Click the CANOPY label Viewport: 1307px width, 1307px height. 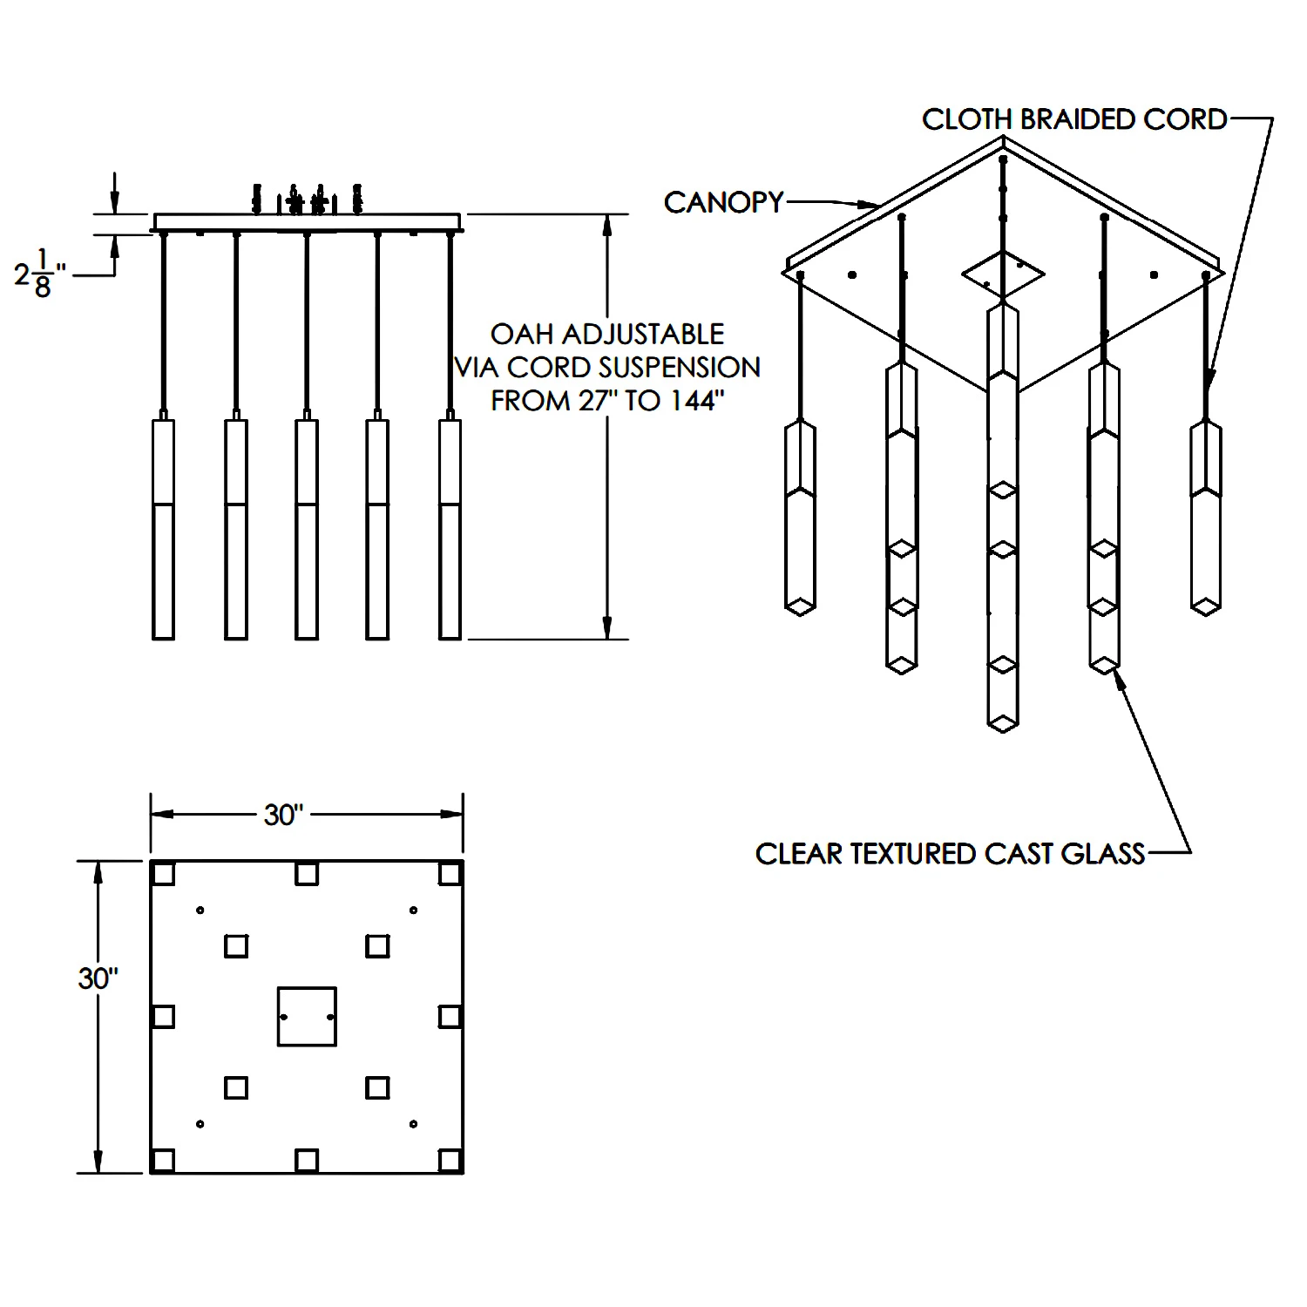723,202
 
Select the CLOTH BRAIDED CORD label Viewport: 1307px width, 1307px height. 1074,119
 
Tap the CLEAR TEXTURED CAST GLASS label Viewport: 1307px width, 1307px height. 950,854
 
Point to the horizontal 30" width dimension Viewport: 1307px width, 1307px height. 283,816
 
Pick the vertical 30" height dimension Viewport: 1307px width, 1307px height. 98,979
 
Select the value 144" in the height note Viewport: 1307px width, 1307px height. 698,401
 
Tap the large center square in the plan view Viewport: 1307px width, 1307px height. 307,1016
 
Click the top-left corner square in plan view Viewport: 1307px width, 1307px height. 163,873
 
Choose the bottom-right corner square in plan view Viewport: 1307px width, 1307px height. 450,1161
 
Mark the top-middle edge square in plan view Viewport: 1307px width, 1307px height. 306,873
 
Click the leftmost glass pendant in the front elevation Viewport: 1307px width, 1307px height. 163,530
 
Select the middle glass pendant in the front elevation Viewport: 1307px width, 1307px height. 306,530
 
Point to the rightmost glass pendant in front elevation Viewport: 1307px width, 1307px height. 450,530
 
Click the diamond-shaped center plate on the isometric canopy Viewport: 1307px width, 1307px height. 1003,274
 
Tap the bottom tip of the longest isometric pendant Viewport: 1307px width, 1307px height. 1003,728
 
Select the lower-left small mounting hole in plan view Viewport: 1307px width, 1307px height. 200,1124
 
